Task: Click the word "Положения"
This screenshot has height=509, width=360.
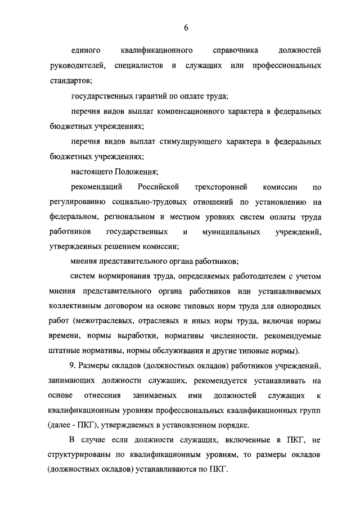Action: click(x=137, y=172)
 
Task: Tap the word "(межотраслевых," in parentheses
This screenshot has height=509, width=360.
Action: click(x=103, y=322)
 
